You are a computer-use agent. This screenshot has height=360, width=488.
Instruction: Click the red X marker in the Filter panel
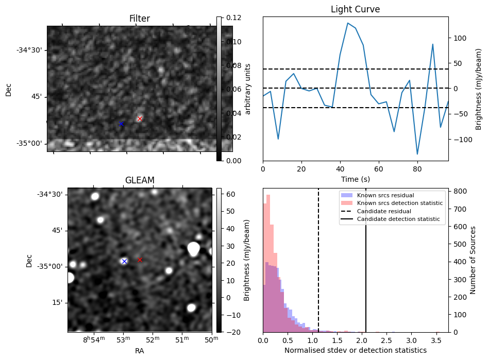pyautogui.click(x=140, y=118)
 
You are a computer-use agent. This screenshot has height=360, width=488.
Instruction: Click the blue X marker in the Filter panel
pyautogui.click(x=122, y=124)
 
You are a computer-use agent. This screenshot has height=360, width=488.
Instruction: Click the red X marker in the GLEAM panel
pyautogui.click(x=140, y=260)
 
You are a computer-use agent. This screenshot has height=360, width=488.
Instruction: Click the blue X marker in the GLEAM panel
pyautogui.click(x=124, y=261)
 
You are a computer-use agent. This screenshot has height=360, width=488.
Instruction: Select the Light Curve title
pyautogui.click(x=355, y=9)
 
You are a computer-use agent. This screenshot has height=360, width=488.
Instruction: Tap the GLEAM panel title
pyautogui.click(x=140, y=180)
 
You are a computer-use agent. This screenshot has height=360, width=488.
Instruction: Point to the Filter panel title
pyautogui.click(x=140, y=19)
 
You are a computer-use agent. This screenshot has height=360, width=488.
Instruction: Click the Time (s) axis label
pyautogui.click(x=355, y=179)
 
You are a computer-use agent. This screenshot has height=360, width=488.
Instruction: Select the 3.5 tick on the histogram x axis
pyautogui.click(x=436, y=340)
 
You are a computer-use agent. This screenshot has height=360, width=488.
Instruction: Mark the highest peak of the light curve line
pyautogui.click(x=348, y=23)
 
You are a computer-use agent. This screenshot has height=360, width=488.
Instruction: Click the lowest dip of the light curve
pyautogui.click(x=417, y=154)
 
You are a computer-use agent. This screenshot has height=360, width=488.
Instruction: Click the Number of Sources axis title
pyautogui.click(x=473, y=260)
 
